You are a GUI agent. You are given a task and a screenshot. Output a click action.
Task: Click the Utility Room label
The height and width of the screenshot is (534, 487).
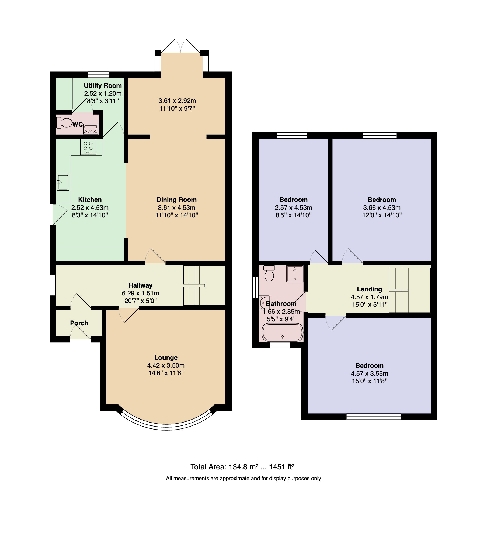click(103, 86)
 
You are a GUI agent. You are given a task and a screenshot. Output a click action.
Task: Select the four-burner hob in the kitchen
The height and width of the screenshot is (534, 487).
click(88, 147)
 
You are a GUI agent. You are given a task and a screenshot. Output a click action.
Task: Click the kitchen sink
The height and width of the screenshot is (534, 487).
click(63, 182)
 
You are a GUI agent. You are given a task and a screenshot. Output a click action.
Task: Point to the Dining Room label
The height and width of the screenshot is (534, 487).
click(177, 200)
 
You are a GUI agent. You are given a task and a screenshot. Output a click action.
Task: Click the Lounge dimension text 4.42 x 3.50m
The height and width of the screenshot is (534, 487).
click(166, 365)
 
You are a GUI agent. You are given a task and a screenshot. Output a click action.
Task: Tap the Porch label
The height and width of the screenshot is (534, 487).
click(79, 323)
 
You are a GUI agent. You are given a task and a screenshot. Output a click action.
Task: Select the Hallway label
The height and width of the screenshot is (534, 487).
click(141, 285)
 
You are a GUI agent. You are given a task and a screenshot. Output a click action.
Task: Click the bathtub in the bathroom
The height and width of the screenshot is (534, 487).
click(282, 332)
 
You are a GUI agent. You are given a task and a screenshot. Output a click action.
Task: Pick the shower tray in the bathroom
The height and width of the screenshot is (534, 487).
click(295, 274)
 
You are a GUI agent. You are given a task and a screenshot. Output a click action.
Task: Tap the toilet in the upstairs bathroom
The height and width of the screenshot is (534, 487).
click(269, 273)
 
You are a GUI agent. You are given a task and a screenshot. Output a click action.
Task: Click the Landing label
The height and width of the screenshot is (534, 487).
click(370, 289)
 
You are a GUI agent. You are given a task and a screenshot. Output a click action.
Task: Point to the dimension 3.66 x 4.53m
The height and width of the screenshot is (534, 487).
click(382, 208)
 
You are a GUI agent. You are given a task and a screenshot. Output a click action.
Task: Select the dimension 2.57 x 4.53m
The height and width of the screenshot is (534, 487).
click(294, 208)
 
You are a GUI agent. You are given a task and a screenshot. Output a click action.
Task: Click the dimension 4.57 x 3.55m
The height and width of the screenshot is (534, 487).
click(370, 374)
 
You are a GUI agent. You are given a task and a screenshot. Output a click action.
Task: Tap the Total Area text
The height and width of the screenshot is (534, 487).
click(242, 467)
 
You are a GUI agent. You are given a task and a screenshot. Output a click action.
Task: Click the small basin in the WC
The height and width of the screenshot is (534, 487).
click(91, 129)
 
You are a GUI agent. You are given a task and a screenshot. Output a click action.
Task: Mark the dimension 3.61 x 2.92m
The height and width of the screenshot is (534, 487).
click(177, 101)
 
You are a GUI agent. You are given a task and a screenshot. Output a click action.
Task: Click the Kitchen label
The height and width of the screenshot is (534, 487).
click(90, 200)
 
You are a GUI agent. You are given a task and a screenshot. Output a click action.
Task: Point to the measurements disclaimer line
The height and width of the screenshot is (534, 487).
click(244, 478)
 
